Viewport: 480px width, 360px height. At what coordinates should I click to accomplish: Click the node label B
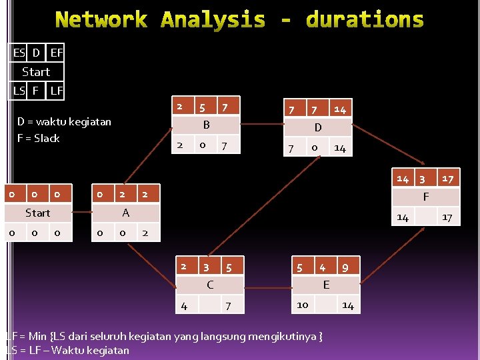[206, 125]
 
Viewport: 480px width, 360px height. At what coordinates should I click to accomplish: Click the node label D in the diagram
[318, 127]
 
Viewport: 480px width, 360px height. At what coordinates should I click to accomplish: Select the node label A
[125, 213]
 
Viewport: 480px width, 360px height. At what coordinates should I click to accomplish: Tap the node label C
[209, 285]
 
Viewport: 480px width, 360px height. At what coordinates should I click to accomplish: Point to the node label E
[325, 285]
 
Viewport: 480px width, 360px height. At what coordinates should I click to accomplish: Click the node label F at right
[426, 197]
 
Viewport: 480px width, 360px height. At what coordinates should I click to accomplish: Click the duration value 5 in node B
[201, 107]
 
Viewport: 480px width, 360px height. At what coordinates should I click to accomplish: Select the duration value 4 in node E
[322, 267]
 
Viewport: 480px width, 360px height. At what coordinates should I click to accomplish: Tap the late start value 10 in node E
[302, 305]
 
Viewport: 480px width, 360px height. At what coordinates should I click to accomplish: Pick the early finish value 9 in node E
[345, 268]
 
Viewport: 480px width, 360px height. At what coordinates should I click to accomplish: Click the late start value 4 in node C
[184, 306]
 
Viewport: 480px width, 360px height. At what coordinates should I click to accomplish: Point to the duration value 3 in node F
[421, 179]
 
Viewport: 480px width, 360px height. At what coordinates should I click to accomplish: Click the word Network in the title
[101, 20]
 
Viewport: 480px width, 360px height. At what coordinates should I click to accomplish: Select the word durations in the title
[365, 20]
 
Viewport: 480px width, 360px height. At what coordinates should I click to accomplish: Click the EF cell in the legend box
[57, 52]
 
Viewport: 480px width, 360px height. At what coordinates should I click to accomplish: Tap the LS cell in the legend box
[19, 90]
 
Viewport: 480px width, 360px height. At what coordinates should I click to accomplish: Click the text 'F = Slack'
[39, 139]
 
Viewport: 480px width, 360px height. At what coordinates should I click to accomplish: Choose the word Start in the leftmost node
[37, 213]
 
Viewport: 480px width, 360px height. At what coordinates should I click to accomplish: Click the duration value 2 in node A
[122, 194]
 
